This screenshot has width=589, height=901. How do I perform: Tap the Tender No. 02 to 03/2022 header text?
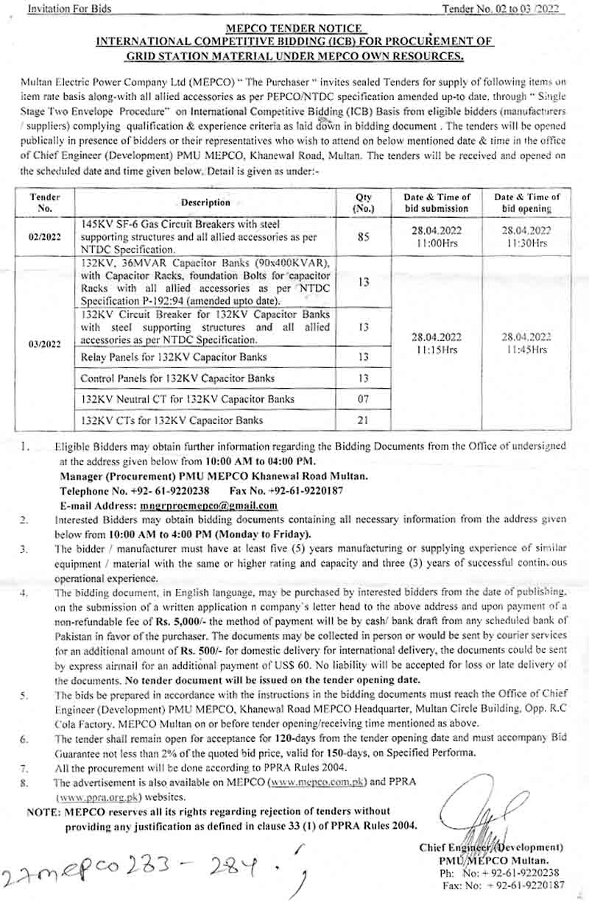500,9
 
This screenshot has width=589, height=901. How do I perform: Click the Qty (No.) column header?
363,202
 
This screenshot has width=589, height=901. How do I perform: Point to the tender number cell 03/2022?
45,343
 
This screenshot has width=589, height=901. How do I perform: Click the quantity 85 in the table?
363,237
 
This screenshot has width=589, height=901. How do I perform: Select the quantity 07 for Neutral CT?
363,399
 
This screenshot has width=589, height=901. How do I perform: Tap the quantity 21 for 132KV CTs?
363,420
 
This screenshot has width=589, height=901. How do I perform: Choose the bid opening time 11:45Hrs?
527,350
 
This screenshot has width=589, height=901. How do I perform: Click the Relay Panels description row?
174,357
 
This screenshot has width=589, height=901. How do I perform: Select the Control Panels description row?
177,378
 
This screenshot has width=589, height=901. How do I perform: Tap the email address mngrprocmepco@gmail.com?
208,506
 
